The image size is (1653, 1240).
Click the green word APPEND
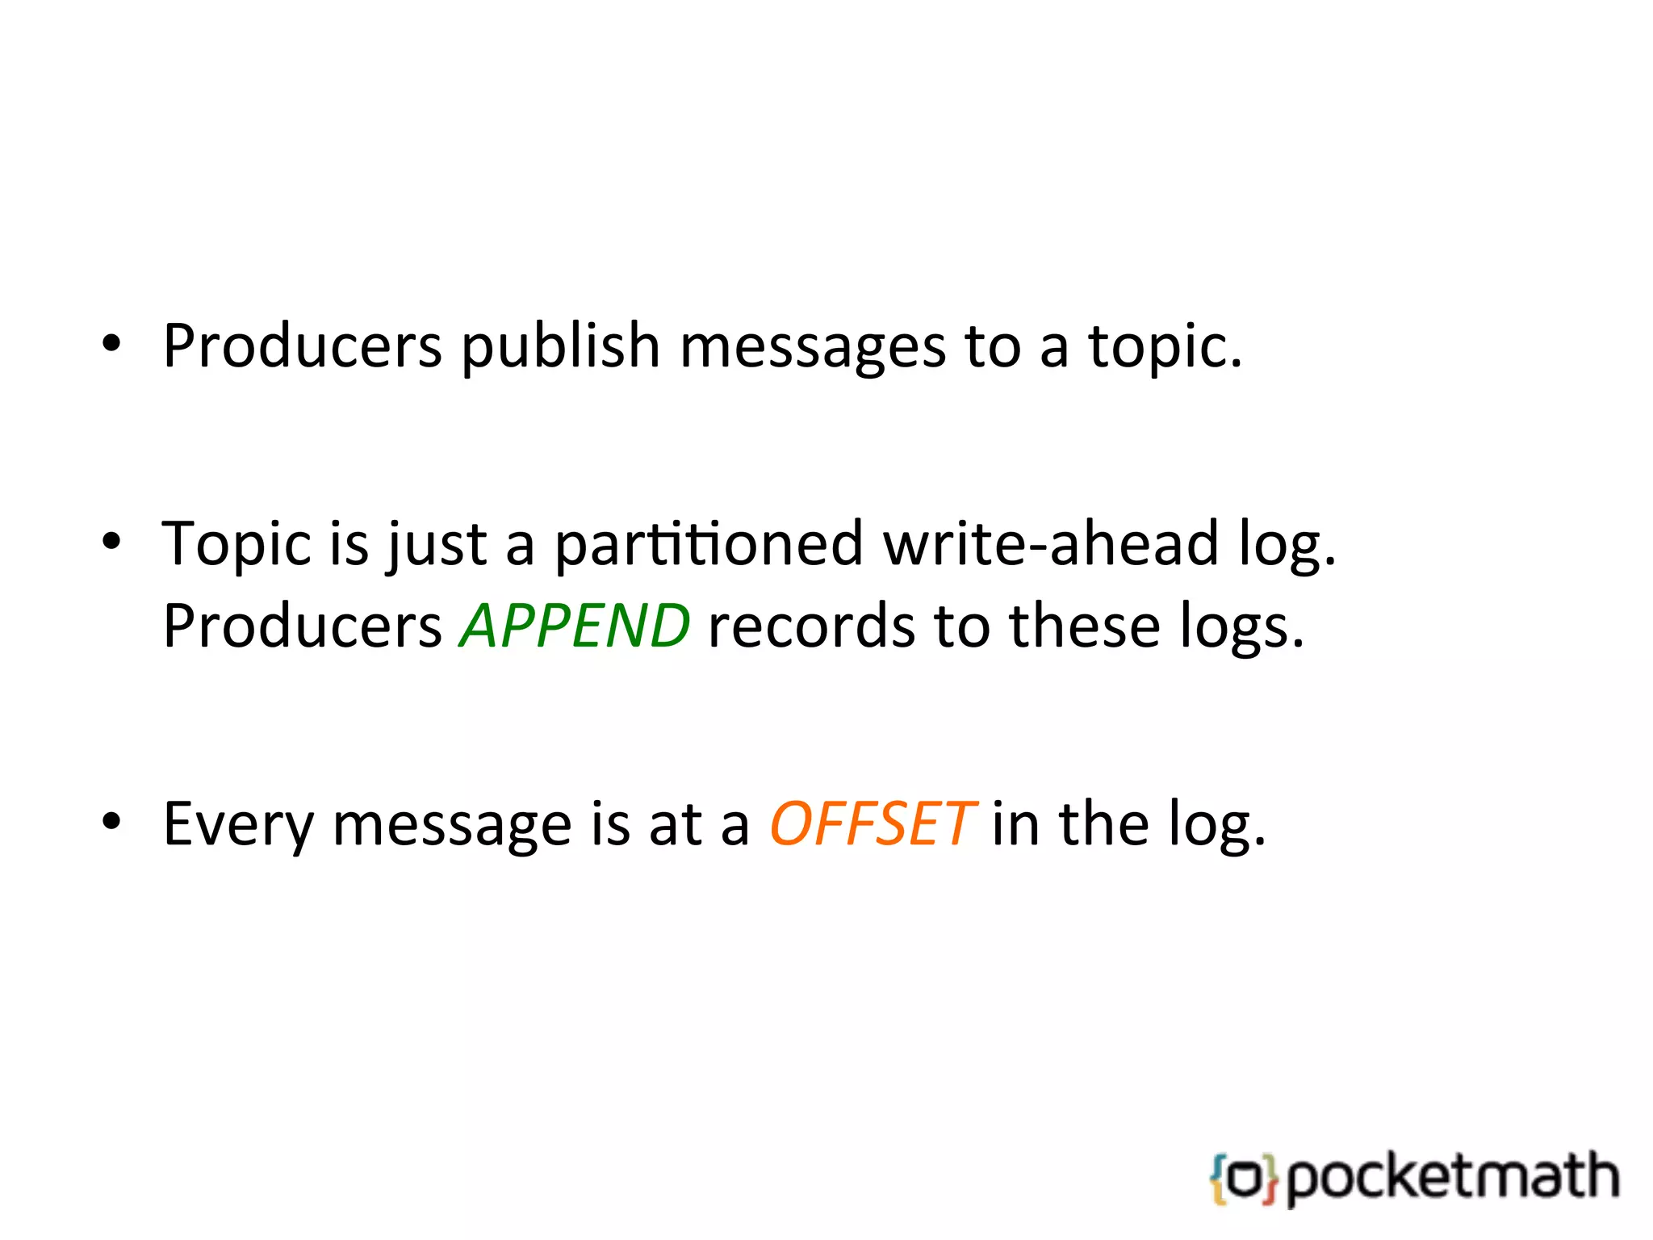click(575, 626)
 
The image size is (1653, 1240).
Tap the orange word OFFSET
click(872, 825)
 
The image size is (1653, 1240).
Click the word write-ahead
click(1051, 544)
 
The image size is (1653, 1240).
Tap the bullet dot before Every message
click(111, 822)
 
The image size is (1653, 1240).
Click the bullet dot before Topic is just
click(111, 540)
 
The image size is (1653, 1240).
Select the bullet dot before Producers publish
click(111, 342)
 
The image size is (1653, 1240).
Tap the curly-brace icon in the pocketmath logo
click(1244, 1179)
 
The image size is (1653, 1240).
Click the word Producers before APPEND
click(302, 627)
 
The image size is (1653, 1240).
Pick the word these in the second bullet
click(1085, 627)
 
